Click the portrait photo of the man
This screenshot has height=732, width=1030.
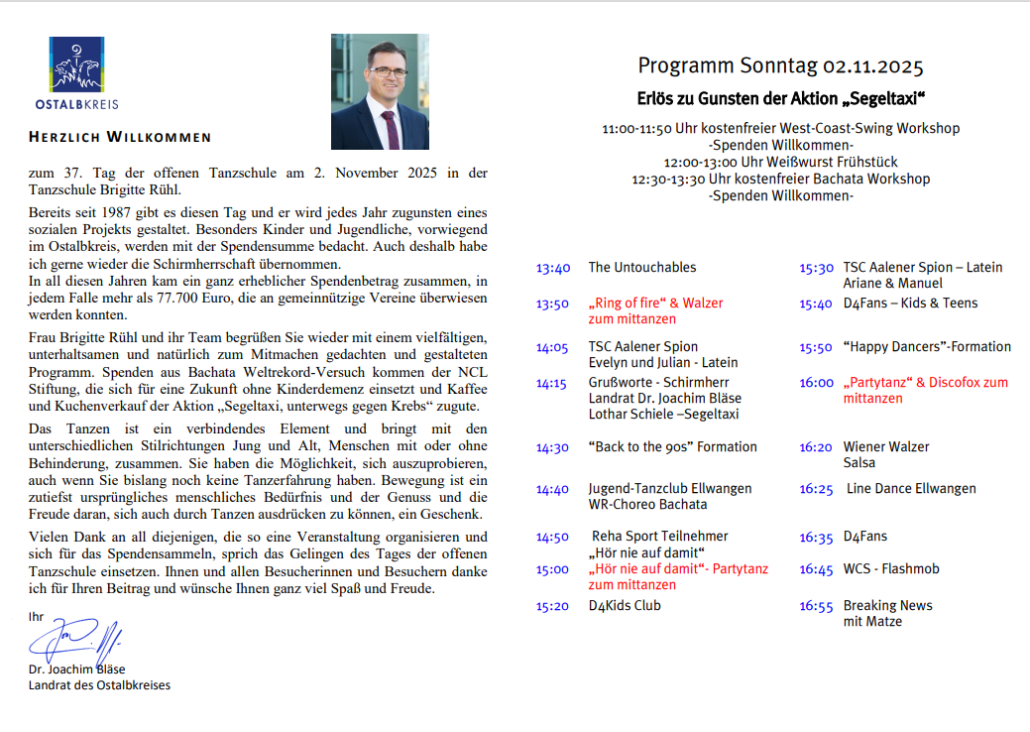click(380, 91)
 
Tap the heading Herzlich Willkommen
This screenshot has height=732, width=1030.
click(120, 137)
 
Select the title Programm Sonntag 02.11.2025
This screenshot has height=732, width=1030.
click(780, 66)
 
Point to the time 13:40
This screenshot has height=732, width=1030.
click(553, 268)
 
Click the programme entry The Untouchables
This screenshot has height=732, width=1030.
click(642, 267)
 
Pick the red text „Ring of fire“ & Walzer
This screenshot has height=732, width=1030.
click(655, 303)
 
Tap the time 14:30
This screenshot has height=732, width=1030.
click(553, 447)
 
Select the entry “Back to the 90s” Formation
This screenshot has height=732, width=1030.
click(672, 446)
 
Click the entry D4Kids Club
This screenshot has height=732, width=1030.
click(625, 605)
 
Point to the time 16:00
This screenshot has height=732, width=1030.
click(817, 383)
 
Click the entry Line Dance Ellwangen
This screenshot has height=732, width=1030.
click(911, 488)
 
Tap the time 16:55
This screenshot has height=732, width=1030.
click(817, 606)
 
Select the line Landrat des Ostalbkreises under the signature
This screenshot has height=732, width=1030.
click(99, 684)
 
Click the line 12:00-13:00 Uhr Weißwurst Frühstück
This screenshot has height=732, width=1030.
click(781, 162)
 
